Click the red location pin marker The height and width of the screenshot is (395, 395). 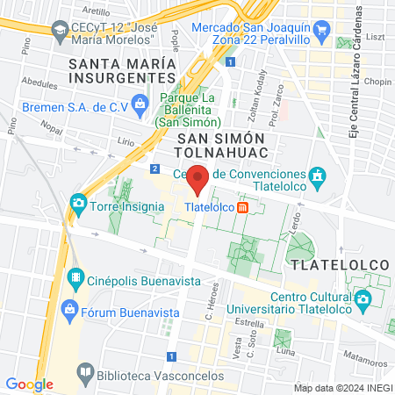(198, 179)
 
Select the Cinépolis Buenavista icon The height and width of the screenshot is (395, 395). (76, 282)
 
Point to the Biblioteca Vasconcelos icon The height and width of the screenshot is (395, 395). (85, 372)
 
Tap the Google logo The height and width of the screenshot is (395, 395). (29, 384)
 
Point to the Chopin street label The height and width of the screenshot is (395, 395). (376, 82)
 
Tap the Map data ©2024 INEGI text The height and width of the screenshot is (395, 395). (341, 388)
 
